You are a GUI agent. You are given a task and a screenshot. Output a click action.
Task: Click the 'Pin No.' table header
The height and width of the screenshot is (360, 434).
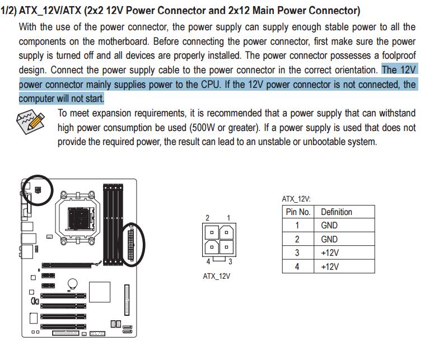coord(298,212)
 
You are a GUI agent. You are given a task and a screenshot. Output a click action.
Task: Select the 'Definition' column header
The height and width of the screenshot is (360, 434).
coord(336,212)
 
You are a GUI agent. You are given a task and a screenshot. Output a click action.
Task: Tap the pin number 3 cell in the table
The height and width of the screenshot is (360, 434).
coord(297,253)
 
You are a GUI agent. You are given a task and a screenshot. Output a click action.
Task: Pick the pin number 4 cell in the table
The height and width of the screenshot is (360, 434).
coord(297,267)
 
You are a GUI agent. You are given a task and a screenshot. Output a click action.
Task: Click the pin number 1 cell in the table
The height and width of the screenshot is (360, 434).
coord(297,225)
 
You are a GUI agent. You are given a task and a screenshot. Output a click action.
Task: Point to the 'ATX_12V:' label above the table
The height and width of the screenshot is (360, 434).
coord(296,199)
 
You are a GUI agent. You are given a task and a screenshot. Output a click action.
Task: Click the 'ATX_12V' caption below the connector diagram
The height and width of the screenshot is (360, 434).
coord(217,275)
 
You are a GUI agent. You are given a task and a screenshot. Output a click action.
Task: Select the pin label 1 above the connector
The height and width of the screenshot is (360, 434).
coord(228,217)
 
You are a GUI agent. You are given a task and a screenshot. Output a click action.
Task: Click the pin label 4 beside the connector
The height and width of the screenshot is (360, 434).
coord(208,261)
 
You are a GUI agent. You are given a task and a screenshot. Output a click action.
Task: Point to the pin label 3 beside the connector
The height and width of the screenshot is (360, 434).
coord(230,261)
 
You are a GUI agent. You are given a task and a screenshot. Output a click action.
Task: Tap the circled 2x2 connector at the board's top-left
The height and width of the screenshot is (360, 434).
coord(38,190)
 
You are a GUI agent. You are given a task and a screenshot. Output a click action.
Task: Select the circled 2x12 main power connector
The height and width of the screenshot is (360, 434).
coord(132,244)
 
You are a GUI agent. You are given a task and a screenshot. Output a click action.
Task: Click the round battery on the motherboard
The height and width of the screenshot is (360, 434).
coord(72,283)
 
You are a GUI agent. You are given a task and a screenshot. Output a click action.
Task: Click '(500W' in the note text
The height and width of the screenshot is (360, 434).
coord(203,128)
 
